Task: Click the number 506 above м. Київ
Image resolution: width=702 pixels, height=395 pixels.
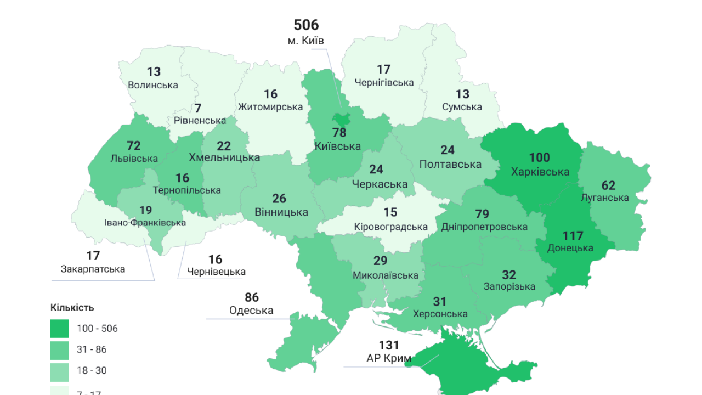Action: point(306,25)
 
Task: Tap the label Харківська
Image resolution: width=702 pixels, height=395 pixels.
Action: point(540,172)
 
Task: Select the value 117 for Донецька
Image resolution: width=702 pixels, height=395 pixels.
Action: point(573,236)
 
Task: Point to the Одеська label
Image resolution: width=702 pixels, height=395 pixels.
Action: point(251,311)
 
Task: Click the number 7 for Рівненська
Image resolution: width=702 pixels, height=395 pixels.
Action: point(198,108)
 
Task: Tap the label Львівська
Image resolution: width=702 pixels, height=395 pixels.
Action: point(134,159)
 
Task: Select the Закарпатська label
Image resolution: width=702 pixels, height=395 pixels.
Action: point(93,269)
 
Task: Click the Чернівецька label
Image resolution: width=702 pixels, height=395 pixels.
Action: point(216,272)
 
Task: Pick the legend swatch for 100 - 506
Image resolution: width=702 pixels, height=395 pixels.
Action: point(60,329)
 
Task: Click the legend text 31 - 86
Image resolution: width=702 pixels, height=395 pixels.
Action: point(92,349)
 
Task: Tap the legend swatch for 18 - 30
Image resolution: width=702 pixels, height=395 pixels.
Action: point(60,370)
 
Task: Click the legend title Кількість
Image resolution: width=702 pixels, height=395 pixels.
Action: point(72,307)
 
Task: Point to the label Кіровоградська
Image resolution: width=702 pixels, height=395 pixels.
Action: point(391,227)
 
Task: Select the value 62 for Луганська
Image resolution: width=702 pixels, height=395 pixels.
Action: point(608,185)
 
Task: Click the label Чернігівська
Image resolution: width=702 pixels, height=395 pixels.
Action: point(384,83)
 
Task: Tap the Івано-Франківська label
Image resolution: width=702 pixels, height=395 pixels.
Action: point(145,223)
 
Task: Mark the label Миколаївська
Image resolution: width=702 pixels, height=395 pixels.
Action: point(386,275)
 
